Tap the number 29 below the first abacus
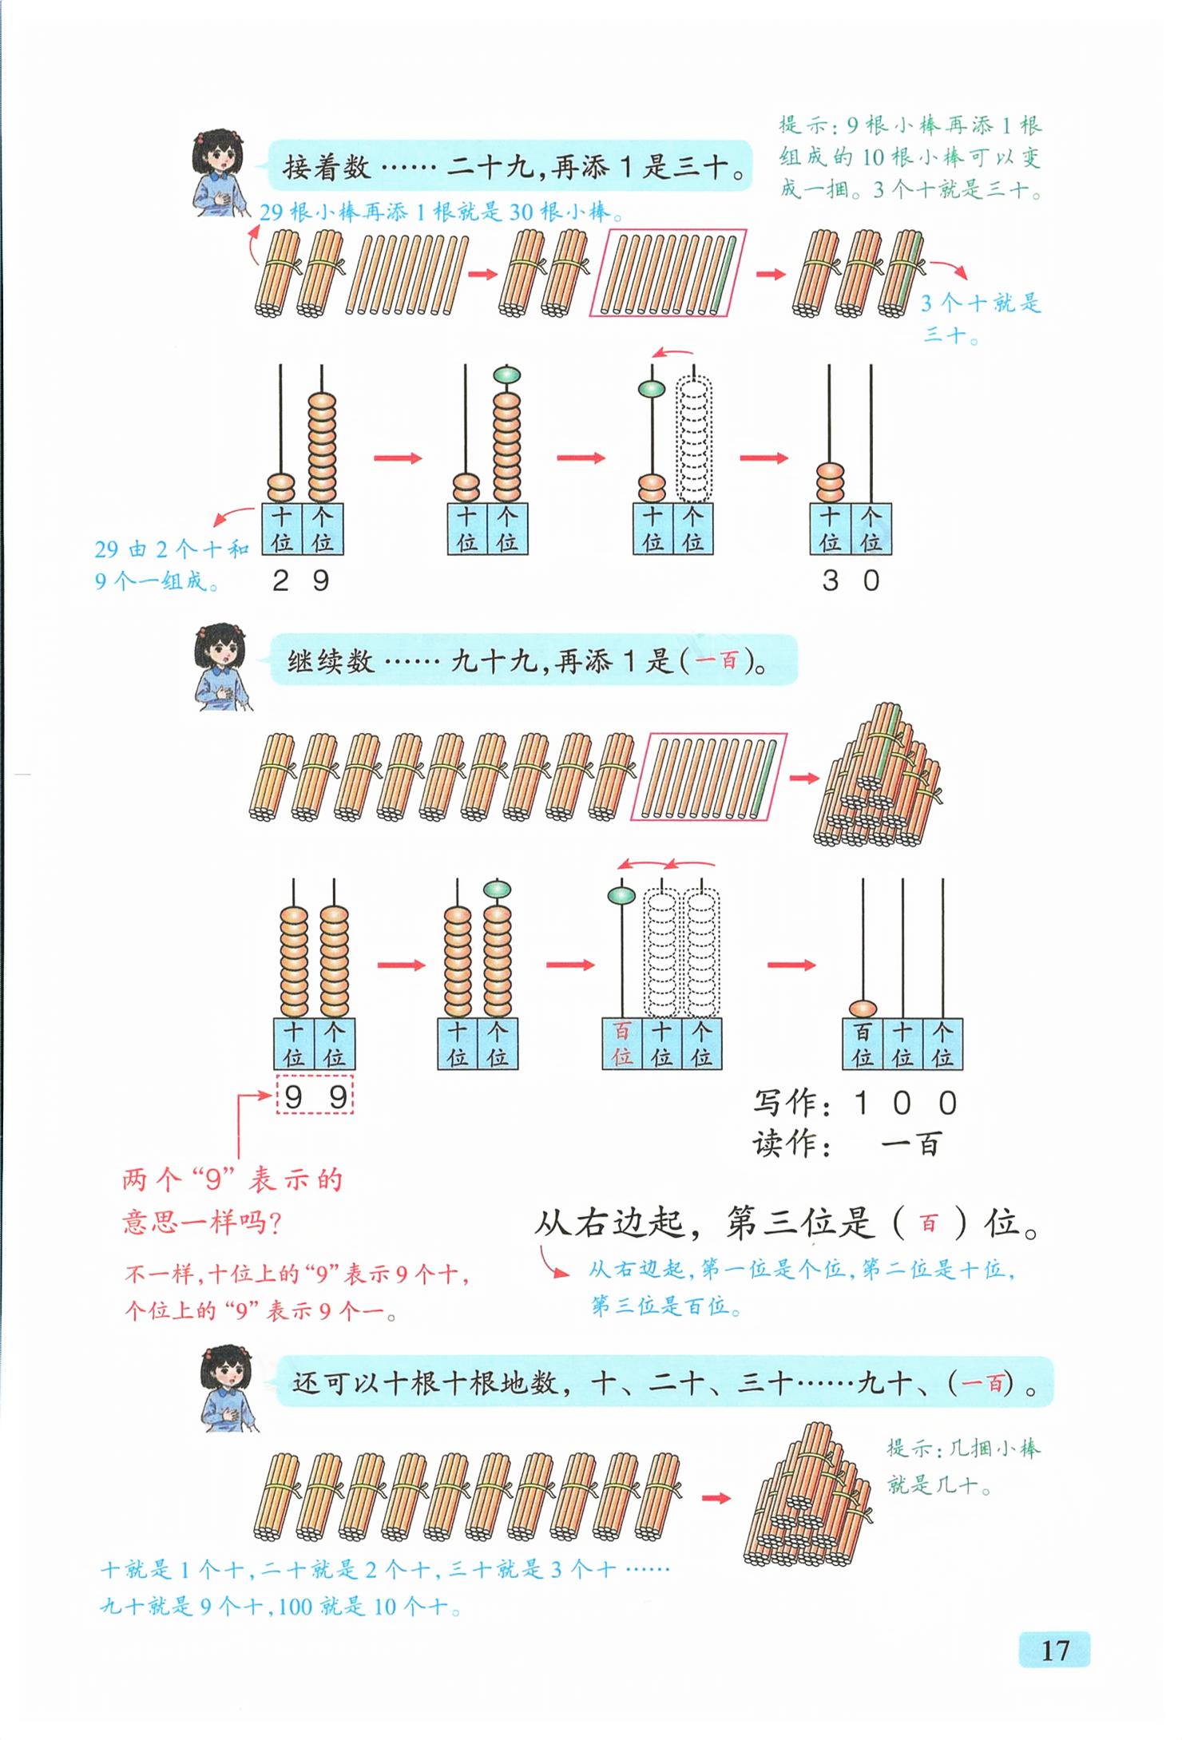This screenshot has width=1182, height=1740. (301, 581)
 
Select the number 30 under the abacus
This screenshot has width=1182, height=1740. (851, 581)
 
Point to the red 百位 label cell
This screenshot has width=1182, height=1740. (622, 1044)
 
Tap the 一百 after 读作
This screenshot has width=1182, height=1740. (911, 1144)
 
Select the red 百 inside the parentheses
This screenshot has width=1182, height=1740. (928, 1223)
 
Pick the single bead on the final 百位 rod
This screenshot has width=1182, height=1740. (862, 1009)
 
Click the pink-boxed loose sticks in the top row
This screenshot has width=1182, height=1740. (668, 273)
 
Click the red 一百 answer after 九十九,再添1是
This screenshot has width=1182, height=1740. (716, 661)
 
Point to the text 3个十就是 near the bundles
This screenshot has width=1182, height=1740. (981, 303)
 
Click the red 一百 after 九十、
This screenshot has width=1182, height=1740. (982, 1383)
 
